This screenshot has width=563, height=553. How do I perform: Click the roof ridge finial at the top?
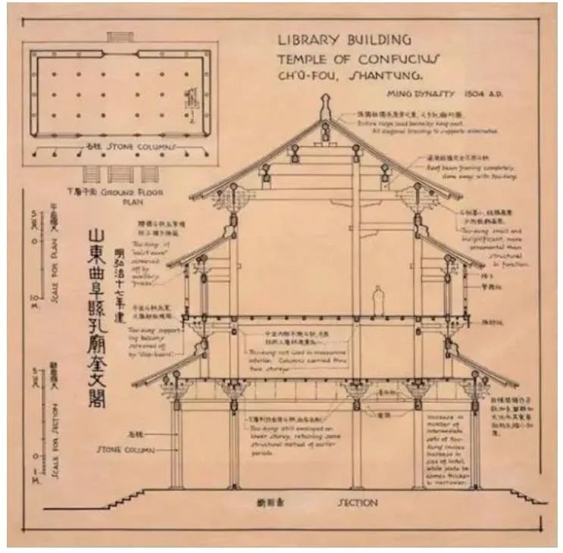(326, 106)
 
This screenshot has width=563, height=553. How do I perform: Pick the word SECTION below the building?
(357, 502)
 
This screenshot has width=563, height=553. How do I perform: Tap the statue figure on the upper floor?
(377, 301)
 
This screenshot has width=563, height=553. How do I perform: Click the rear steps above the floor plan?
(120, 36)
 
